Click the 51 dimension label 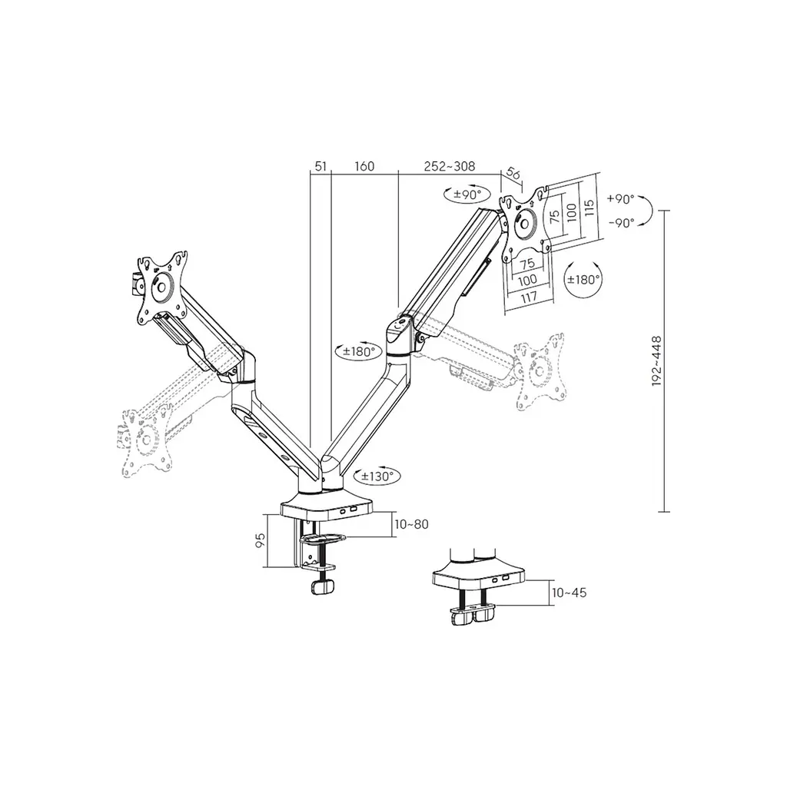point(320,166)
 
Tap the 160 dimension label point(364,166)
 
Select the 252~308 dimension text point(449,166)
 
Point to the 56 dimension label point(513,174)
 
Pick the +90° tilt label point(621,199)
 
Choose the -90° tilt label point(621,223)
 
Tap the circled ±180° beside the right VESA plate point(583,280)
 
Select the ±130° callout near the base point(377,476)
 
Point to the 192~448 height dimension point(657,361)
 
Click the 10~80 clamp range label point(412,524)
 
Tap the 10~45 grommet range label point(569,593)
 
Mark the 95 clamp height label point(260,540)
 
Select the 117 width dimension point(529,297)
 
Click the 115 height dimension point(589,208)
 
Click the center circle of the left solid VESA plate point(161,287)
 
